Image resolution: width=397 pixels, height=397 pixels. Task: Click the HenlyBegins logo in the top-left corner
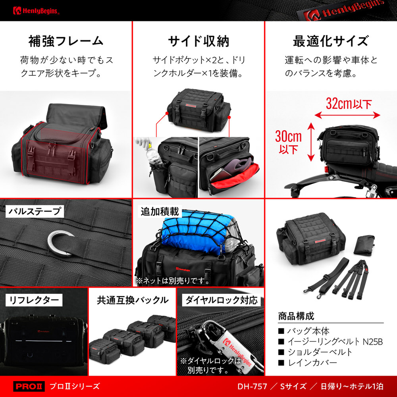(x=36, y=11)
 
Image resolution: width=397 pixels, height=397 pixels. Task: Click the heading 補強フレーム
(x=66, y=41)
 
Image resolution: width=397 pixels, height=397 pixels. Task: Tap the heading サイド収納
(x=198, y=41)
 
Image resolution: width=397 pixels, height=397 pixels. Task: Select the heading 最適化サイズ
(x=331, y=41)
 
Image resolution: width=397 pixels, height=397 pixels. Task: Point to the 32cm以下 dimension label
(x=349, y=104)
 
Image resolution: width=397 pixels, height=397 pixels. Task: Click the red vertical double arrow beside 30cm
(x=311, y=142)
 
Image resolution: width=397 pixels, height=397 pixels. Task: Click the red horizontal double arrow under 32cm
(x=347, y=116)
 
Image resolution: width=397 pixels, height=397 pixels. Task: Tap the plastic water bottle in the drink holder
(x=152, y=154)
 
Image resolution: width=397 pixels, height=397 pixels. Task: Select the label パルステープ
(x=35, y=211)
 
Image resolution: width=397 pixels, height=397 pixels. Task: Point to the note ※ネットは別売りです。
(x=173, y=281)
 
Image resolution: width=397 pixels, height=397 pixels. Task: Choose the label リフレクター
(x=34, y=300)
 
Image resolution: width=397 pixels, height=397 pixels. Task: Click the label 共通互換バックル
(x=133, y=300)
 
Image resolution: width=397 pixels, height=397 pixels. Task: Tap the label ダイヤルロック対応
(x=221, y=300)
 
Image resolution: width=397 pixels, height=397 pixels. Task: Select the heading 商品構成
(x=296, y=316)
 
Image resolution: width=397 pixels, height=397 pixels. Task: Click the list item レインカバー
(x=312, y=362)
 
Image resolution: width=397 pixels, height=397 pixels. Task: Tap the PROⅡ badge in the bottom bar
(x=29, y=386)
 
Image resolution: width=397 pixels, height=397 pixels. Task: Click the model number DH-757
(x=252, y=386)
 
